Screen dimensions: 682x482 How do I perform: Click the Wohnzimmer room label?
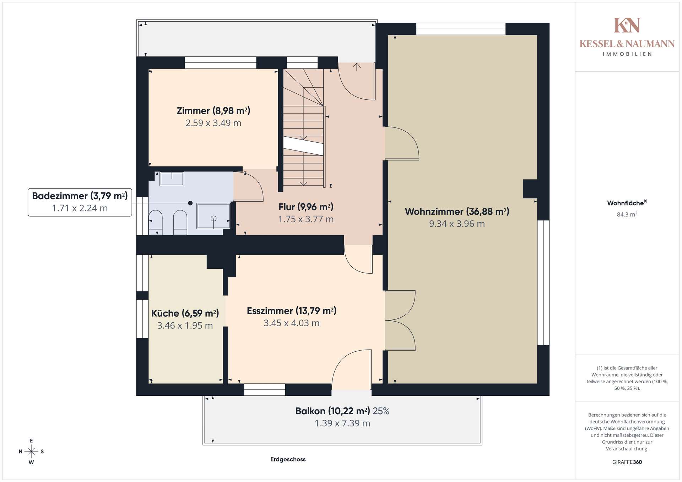click(457, 212)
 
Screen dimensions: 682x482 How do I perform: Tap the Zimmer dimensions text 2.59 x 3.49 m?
click(213, 123)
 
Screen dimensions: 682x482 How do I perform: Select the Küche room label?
click(185, 313)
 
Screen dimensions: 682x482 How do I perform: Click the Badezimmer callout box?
click(80, 202)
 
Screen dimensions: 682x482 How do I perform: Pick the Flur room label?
click(306, 207)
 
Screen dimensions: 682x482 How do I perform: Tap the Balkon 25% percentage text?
click(381, 411)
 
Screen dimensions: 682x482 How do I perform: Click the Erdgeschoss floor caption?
click(288, 459)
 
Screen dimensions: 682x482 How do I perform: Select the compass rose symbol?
click(31, 451)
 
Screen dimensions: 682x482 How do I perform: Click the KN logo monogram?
click(627, 25)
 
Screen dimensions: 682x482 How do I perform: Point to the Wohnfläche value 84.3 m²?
click(627, 214)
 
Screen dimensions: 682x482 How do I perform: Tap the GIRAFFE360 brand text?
click(627, 462)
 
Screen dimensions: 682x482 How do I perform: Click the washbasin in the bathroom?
click(172, 179)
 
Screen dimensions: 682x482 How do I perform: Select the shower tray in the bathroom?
click(213, 216)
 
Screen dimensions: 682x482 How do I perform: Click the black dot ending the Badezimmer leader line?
click(190, 203)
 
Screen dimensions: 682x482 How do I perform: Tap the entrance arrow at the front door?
click(357, 67)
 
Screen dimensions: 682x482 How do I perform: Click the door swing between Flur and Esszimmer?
click(358, 259)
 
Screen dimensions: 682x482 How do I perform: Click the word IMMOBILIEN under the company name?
click(627, 54)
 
